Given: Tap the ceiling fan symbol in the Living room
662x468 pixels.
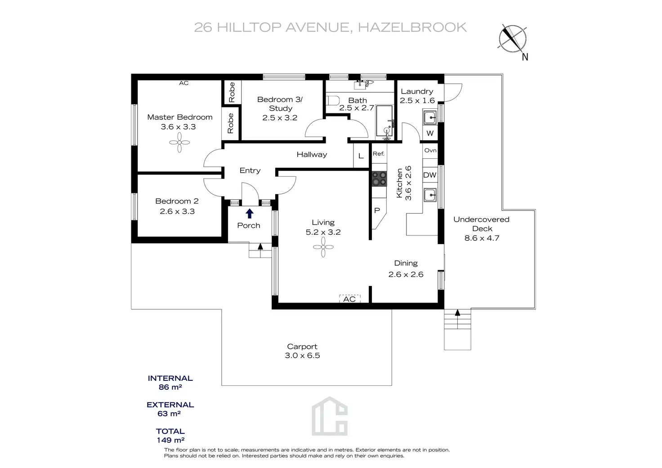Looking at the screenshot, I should point(323,247).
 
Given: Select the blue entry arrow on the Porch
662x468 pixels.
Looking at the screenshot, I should point(250,214).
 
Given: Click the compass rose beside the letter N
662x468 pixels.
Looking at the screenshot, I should point(512,39).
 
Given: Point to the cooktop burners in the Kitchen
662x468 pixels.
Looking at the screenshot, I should point(379,178).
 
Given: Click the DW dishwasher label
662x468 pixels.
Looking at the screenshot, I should point(429,175).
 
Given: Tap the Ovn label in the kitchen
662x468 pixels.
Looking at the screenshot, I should point(430,150).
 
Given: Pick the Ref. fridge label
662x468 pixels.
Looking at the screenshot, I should point(378,154).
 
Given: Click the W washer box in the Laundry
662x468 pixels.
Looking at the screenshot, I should point(430,133).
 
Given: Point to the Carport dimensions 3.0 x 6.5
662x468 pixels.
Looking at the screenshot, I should point(302,356).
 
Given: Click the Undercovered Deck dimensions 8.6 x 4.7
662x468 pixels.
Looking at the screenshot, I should point(482,238).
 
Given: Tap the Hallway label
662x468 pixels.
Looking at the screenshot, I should point(312,155).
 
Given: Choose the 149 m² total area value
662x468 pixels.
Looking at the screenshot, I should point(170,441).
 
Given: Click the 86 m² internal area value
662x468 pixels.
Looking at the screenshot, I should point(170,387).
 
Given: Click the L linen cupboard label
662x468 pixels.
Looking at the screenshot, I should point(361,156).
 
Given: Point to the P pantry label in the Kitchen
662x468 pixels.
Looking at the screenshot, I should point(377,210).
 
